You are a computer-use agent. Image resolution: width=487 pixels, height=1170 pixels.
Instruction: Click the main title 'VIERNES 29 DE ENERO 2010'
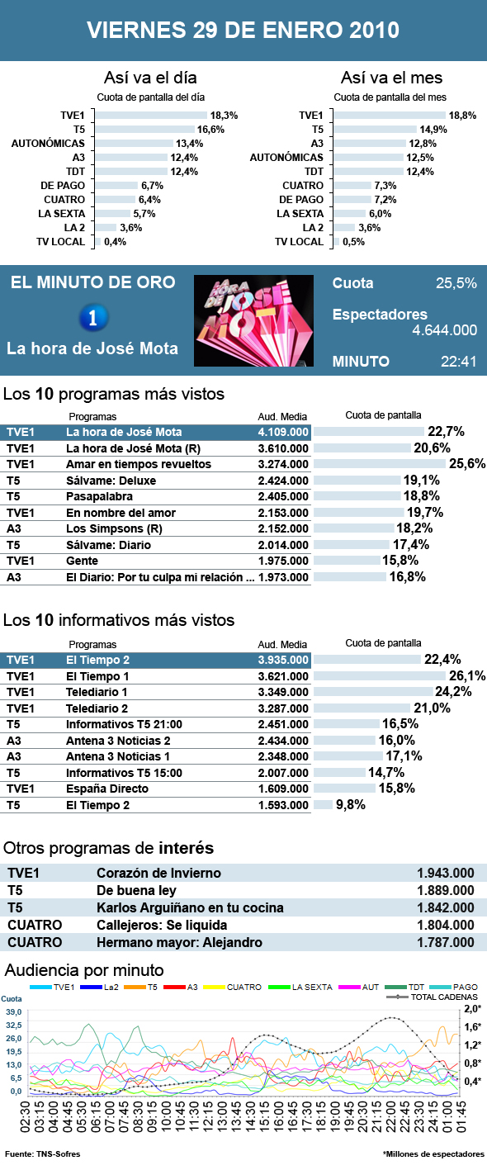point(243,31)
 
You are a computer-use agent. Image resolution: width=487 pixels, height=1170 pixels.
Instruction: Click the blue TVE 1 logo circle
point(92,317)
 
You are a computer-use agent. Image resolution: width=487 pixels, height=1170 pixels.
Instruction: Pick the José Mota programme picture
point(253,321)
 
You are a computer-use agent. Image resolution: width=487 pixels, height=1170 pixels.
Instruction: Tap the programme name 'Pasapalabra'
point(102,496)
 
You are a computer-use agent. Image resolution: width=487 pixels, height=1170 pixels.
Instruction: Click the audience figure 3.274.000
point(283,464)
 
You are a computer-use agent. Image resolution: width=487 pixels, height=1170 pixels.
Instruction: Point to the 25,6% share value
point(466,464)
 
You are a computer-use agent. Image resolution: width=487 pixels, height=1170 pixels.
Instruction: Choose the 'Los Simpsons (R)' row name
point(109,528)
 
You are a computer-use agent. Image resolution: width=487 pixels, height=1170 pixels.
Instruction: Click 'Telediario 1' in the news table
point(97,692)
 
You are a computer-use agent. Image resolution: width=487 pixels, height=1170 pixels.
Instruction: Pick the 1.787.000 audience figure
point(446,942)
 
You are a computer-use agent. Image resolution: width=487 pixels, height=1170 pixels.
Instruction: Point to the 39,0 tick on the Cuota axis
point(14,1011)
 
